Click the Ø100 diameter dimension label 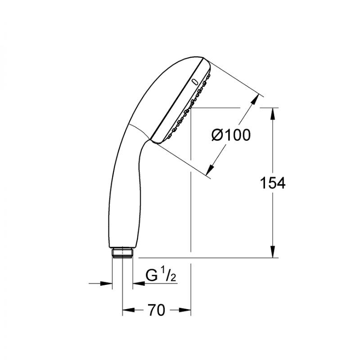point(231,135)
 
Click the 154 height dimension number point(273,183)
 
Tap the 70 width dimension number point(156,310)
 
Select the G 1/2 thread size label point(161,274)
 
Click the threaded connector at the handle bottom point(122,253)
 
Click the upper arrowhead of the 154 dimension point(273,113)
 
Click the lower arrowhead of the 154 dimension point(273,252)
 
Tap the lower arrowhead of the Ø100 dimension point(210,170)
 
